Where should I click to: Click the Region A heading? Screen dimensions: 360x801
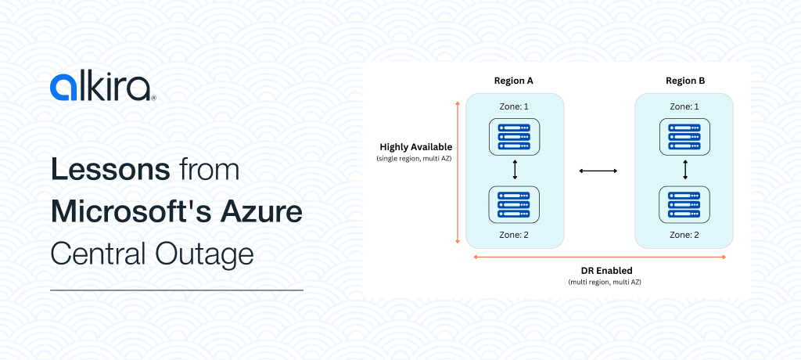tap(514, 81)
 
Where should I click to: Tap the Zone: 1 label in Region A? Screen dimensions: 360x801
tap(514, 106)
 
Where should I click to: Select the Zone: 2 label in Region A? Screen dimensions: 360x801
tap(514, 234)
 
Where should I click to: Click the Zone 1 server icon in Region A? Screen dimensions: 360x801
tap(514, 135)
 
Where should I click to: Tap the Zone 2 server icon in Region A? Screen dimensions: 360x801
tap(514, 204)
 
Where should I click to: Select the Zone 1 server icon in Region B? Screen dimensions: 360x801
tap(684, 135)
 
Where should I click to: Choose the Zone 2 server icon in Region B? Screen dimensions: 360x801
tap(684, 204)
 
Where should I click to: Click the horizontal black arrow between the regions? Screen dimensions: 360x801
tap(598, 171)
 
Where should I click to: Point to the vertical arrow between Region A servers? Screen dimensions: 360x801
tap(515, 170)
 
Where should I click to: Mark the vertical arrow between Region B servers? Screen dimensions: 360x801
tap(685, 170)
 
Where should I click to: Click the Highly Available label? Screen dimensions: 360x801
tap(415, 147)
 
